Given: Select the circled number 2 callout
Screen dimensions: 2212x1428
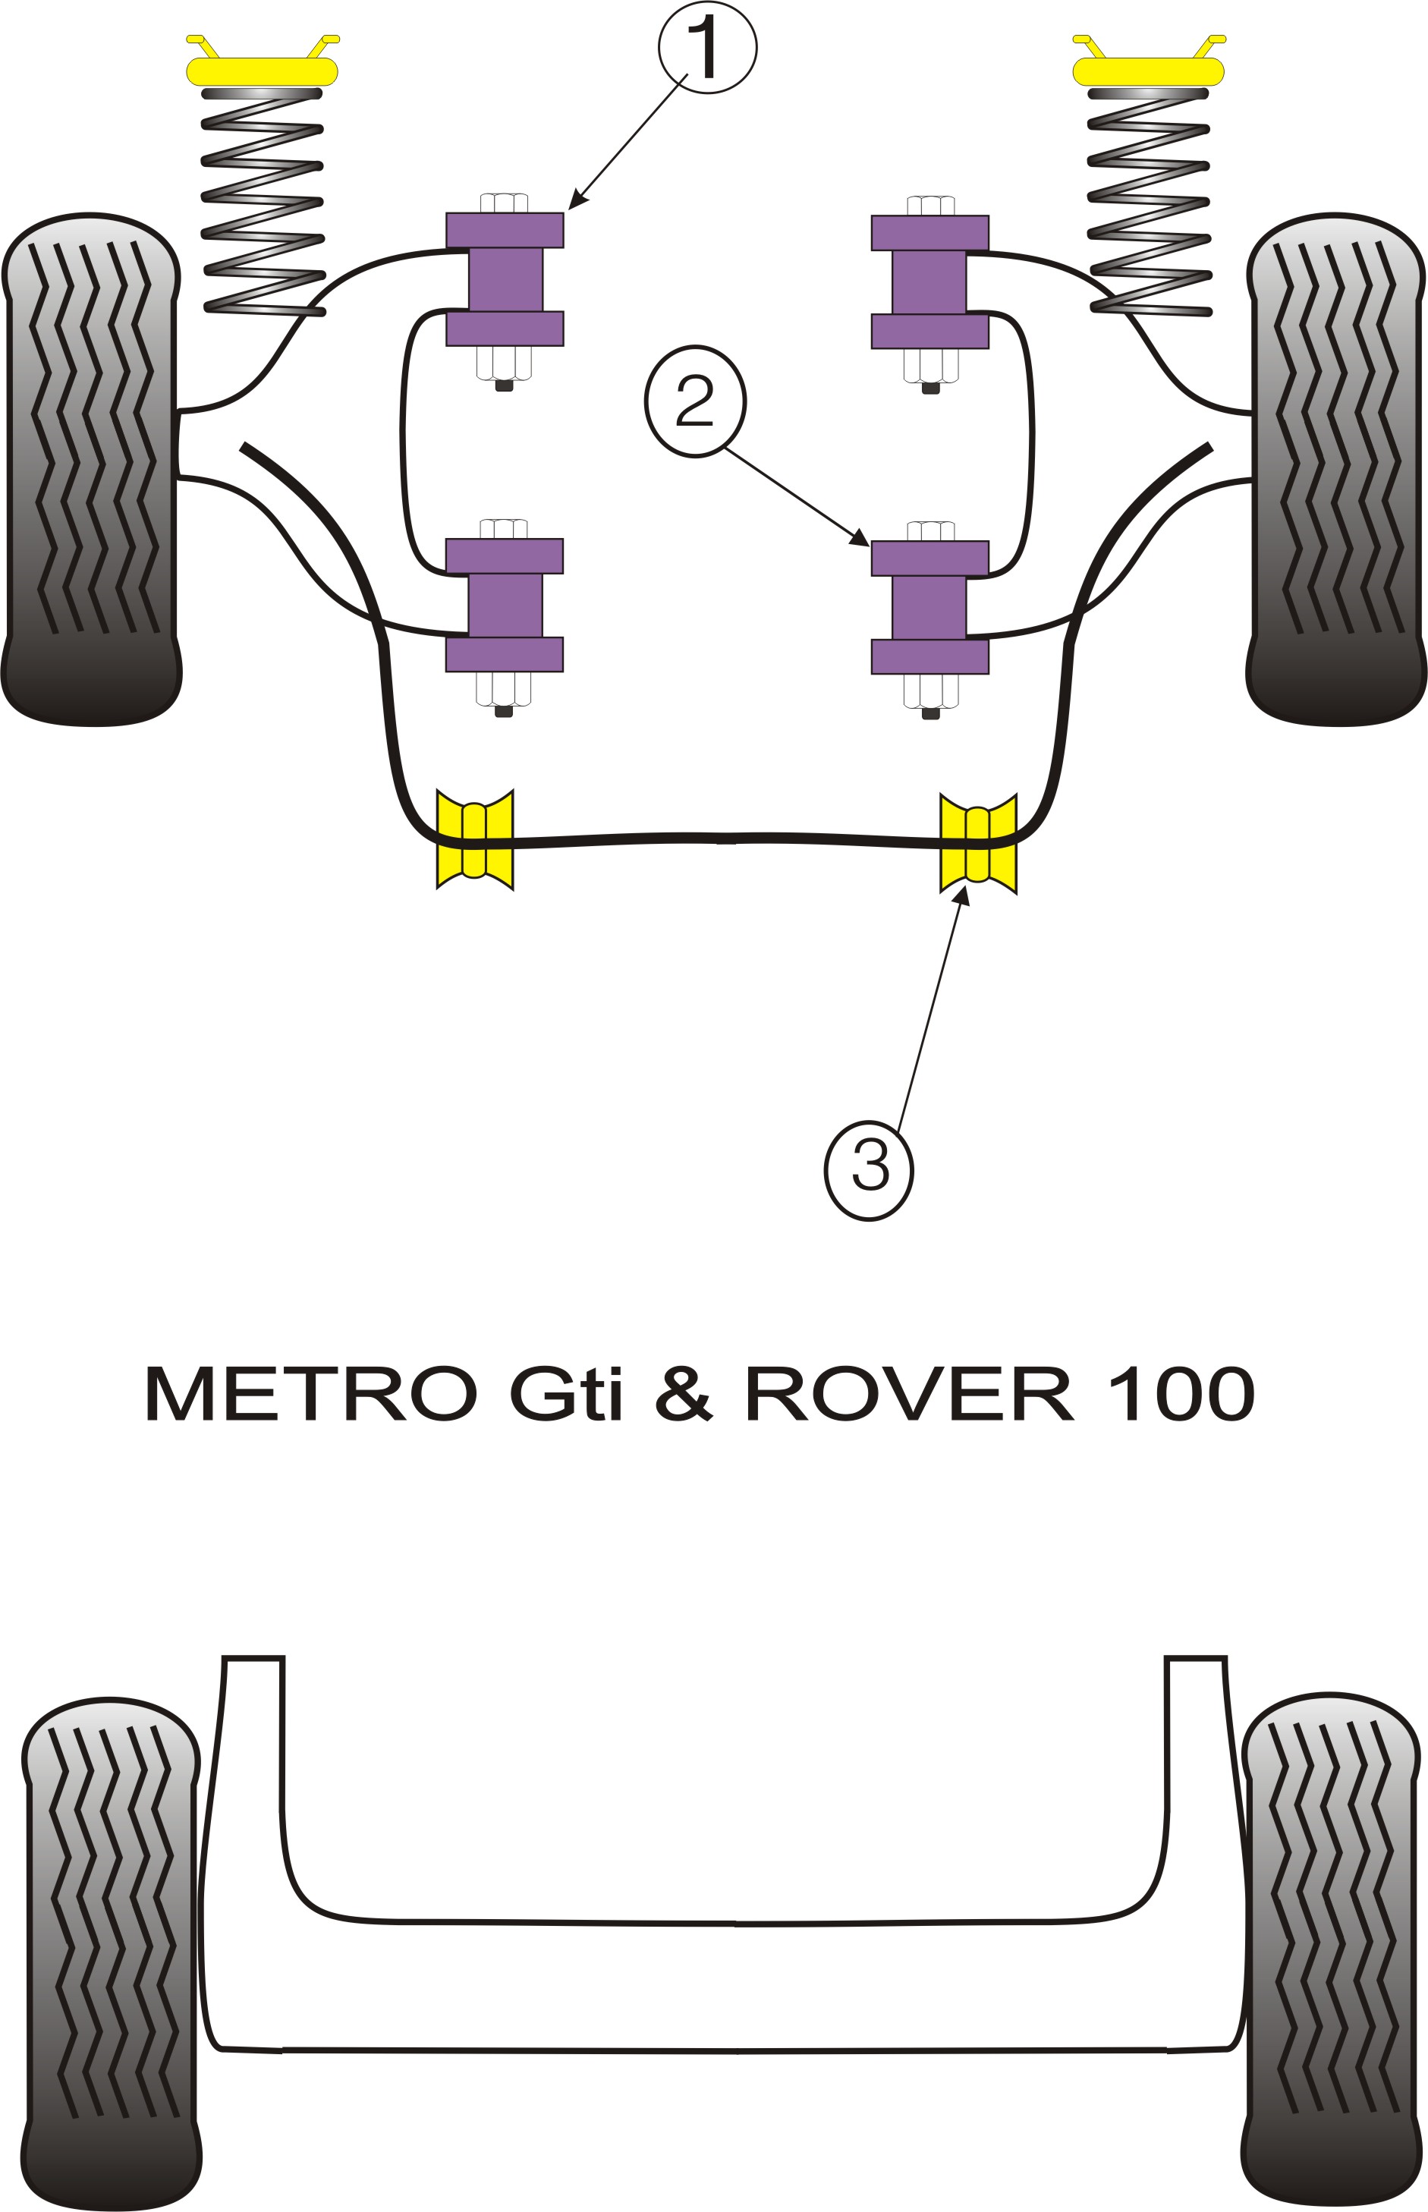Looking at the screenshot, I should point(694,401).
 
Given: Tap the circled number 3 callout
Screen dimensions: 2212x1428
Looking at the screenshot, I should point(869,1170).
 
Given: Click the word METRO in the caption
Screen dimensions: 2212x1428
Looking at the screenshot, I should point(310,1394).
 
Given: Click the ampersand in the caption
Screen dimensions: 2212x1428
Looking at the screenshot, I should point(684,1394).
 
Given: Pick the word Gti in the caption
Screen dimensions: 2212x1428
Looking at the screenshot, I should point(565,1394).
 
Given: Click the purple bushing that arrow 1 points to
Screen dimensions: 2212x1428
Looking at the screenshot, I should point(505,279).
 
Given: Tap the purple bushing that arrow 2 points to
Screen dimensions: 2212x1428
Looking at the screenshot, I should point(929,607).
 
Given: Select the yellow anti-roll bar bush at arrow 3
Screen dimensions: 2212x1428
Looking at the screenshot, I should point(978,844).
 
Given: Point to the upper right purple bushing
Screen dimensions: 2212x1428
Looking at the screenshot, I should point(929,282).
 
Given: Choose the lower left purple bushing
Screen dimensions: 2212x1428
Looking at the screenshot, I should point(505,605).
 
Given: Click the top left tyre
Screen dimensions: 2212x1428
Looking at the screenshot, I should point(91,468).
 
